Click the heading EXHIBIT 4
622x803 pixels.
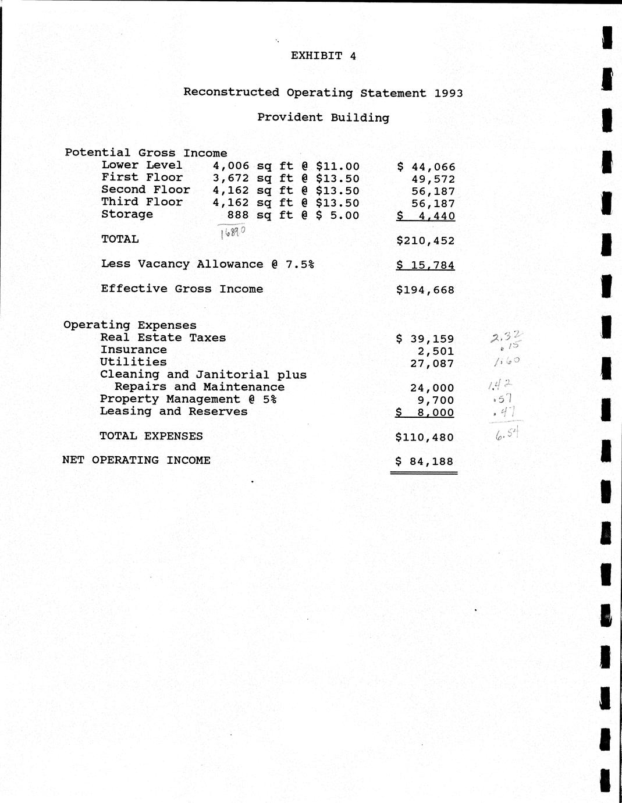[x=323, y=56]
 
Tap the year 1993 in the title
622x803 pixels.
[x=448, y=93]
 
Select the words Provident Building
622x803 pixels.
[x=323, y=118]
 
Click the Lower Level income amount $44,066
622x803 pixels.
[x=426, y=167]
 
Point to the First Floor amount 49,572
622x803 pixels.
[x=433, y=179]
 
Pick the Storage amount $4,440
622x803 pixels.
[x=425, y=216]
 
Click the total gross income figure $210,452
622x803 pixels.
[x=425, y=240]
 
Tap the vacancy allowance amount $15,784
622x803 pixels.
[x=425, y=265]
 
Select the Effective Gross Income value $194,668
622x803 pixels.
[x=425, y=290]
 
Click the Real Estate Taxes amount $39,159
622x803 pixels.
[x=425, y=339]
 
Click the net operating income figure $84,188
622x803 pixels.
[x=424, y=461]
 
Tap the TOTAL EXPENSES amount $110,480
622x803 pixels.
[x=425, y=437]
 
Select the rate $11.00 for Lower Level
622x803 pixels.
[x=337, y=166]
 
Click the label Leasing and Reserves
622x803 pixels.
[x=173, y=411]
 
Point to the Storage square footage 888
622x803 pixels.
[x=238, y=215]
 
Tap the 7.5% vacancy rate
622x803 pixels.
[x=300, y=264]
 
